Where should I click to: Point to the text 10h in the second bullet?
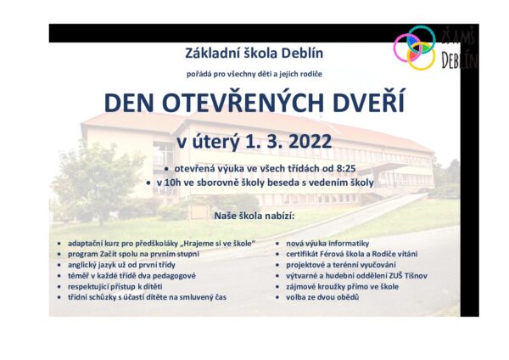[x=171, y=183]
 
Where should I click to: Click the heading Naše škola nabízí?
[x=255, y=216]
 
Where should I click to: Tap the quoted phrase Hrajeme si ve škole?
[x=219, y=244]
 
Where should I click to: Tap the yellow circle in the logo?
[x=421, y=56]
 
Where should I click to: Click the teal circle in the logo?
[x=422, y=40]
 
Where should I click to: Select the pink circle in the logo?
[x=407, y=48]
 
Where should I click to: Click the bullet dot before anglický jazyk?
[x=59, y=265]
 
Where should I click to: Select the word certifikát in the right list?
[x=301, y=254]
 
